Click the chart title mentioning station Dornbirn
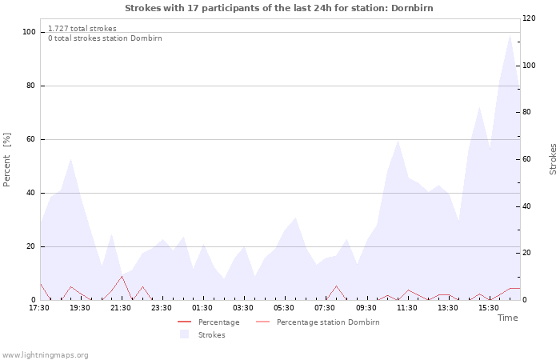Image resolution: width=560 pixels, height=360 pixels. click(279, 8)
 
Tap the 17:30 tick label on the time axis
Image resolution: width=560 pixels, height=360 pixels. click(39, 308)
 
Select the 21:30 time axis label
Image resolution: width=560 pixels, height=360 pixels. click(120, 308)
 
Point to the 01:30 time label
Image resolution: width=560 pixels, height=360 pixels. click(202, 308)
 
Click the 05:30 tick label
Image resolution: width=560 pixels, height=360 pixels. click(284, 308)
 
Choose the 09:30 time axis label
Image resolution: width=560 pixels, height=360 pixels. click(366, 308)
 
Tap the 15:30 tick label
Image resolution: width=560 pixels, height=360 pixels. click(489, 308)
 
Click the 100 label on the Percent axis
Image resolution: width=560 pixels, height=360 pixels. click(29, 32)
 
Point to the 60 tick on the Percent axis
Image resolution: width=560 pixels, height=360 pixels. click(31, 139)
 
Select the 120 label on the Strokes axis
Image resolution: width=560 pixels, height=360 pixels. click(529, 18)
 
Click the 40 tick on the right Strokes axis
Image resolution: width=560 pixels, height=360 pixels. click(526, 206)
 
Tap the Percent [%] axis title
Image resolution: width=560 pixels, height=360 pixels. click(6, 160)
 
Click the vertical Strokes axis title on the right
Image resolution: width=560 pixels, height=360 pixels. click(553, 159)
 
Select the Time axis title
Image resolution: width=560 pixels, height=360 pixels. click(507, 318)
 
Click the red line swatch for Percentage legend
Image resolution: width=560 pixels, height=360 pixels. click(184, 322)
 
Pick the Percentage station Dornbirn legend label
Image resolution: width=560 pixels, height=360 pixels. click(328, 322)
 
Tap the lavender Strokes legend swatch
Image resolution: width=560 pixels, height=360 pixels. click(184, 334)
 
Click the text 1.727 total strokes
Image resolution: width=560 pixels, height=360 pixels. click(82, 29)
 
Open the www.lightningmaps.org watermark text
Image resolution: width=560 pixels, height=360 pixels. click(45, 355)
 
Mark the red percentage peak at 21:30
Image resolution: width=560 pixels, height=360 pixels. click(122, 276)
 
